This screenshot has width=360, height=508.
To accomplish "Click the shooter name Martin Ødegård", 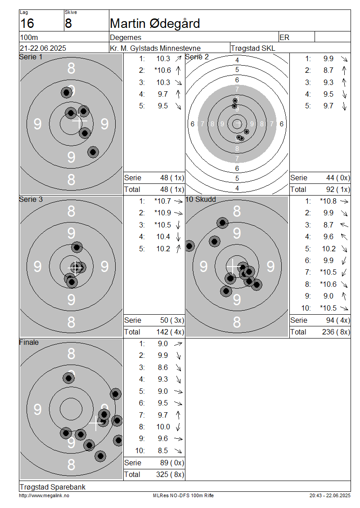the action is coord(155,24).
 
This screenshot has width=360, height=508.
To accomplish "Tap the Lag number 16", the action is coord(27,24).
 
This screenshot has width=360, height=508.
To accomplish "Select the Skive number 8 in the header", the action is coord(68,24).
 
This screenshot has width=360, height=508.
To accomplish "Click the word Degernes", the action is coord(126,38).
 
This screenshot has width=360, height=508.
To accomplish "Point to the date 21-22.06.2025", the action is coord(43,48).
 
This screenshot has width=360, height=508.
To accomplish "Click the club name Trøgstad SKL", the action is coord(252,48).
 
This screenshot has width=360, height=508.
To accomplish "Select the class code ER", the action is coord(284,38).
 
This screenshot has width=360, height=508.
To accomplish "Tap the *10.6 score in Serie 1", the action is coord(162,70).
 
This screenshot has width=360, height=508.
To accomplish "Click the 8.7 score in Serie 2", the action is coord(328,70).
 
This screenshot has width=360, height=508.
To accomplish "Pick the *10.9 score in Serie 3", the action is coord(162,213).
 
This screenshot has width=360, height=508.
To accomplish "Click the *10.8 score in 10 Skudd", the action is coord(328,201).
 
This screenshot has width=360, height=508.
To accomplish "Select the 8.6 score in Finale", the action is coord(163,367).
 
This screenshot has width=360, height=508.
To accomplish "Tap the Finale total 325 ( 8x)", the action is coord(170,475).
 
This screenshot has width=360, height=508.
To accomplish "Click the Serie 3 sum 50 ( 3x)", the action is coord(172,321).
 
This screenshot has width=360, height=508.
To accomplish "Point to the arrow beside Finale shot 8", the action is coord(178,427).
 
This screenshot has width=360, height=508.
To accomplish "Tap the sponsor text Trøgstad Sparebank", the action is coord(53,487).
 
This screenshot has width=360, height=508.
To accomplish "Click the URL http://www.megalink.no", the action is coord(44,496).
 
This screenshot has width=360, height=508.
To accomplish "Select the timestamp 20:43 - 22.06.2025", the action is coord(330,496).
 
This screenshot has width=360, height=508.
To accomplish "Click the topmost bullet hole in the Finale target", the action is coord(68,378).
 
